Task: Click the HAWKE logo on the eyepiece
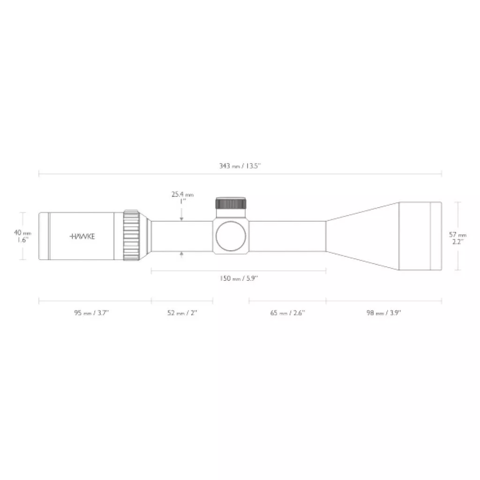[x=82, y=236]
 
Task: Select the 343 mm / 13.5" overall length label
[x=240, y=166]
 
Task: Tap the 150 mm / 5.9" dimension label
[x=239, y=278]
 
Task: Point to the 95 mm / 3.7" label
[x=91, y=313]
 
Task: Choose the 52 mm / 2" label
[x=182, y=313]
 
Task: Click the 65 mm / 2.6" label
[x=287, y=313]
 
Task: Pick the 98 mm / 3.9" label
[x=384, y=313]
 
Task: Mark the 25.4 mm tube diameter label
[x=182, y=195]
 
